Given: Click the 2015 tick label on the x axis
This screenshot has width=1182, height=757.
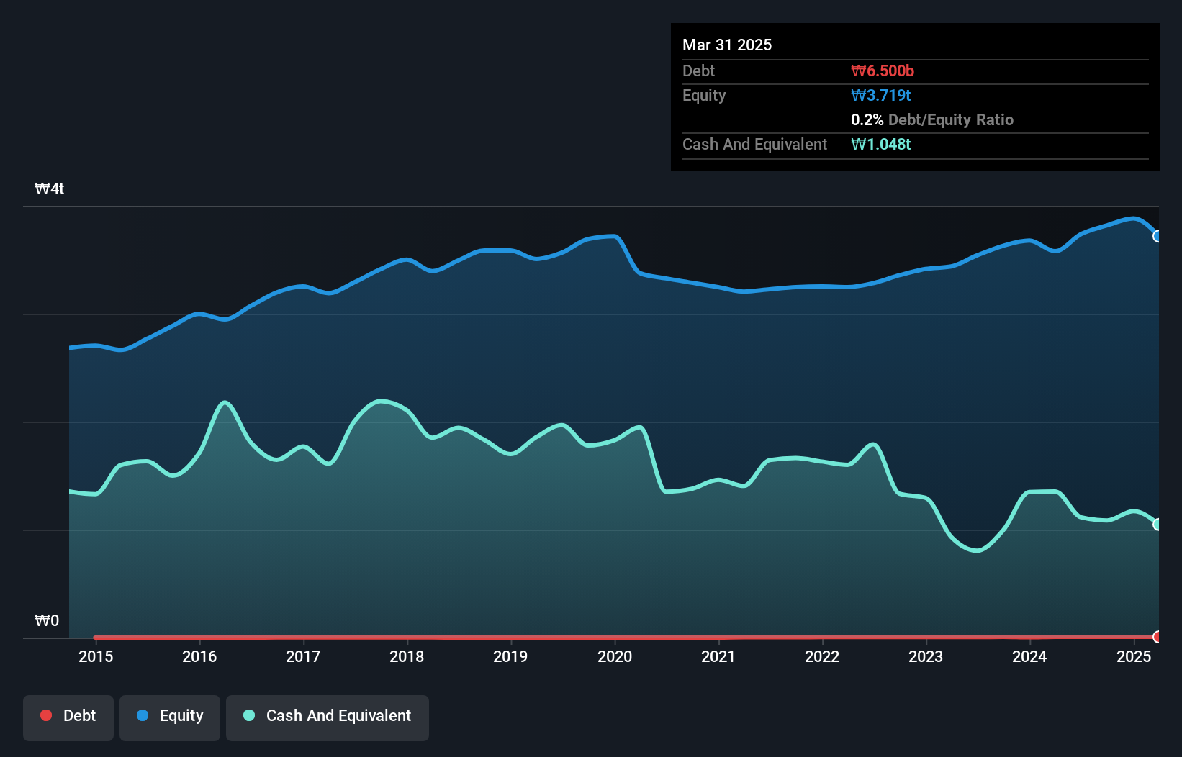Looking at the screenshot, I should point(96,656).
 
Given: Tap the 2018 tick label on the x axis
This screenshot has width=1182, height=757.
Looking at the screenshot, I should point(407,656).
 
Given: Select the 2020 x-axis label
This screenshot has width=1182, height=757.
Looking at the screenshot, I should point(615,656).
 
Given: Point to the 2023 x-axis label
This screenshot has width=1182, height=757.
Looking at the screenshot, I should point(926,656).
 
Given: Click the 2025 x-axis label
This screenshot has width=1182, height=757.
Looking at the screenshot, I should point(1134,656).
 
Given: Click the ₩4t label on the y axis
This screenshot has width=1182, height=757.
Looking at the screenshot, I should point(50,189).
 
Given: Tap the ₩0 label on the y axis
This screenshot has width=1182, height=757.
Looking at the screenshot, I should point(47,620).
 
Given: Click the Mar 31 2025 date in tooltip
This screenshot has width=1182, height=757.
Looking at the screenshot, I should point(727,45).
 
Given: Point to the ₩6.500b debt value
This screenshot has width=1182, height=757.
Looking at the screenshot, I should point(883,71).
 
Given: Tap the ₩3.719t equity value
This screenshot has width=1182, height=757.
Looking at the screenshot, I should point(881,95).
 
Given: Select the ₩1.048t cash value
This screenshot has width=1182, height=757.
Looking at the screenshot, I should point(881,144).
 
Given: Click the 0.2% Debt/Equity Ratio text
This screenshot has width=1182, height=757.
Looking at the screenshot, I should point(932,119).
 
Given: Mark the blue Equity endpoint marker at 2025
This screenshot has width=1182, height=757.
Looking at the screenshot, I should point(1158,236).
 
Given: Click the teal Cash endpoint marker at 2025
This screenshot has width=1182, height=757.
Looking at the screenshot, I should point(1158,525).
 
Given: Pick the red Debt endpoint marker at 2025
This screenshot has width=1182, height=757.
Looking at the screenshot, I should point(1158,636).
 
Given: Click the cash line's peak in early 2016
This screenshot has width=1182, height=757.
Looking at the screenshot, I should point(225,402).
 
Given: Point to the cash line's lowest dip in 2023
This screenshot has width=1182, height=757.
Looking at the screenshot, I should point(977,550).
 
